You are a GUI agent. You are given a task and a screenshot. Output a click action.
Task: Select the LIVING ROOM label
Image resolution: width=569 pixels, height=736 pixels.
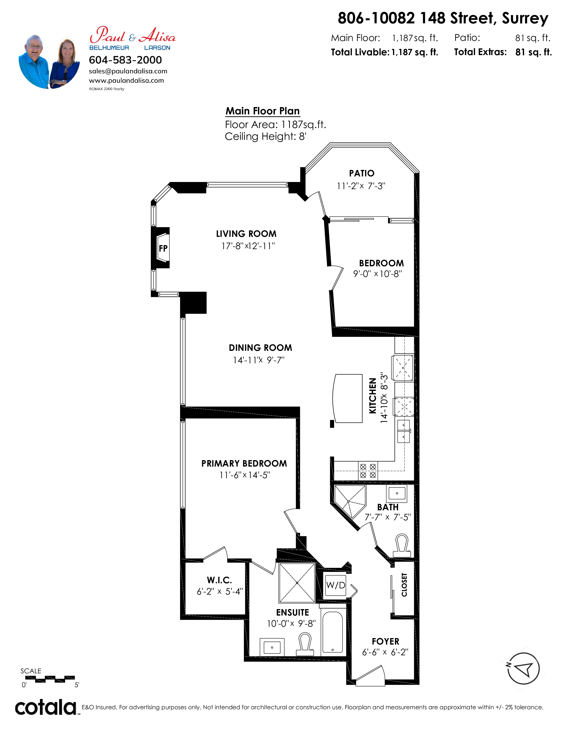(246, 234)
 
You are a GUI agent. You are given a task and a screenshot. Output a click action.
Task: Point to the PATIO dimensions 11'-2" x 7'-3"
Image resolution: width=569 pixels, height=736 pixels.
(361, 186)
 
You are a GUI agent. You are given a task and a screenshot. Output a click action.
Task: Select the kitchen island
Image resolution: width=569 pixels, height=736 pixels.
(347, 398)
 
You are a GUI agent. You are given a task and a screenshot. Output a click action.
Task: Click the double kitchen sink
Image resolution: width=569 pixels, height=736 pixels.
(403, 431)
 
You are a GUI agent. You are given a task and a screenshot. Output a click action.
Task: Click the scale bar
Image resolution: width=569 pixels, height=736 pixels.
(50, 679)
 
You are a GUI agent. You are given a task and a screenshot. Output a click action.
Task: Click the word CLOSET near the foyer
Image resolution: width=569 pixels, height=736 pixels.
(404, 585)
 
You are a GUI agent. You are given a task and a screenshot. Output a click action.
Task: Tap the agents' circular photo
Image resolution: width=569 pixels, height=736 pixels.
(49, 61)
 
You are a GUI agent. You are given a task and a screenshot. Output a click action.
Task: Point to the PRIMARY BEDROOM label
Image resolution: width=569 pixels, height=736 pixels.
(244, 463)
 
